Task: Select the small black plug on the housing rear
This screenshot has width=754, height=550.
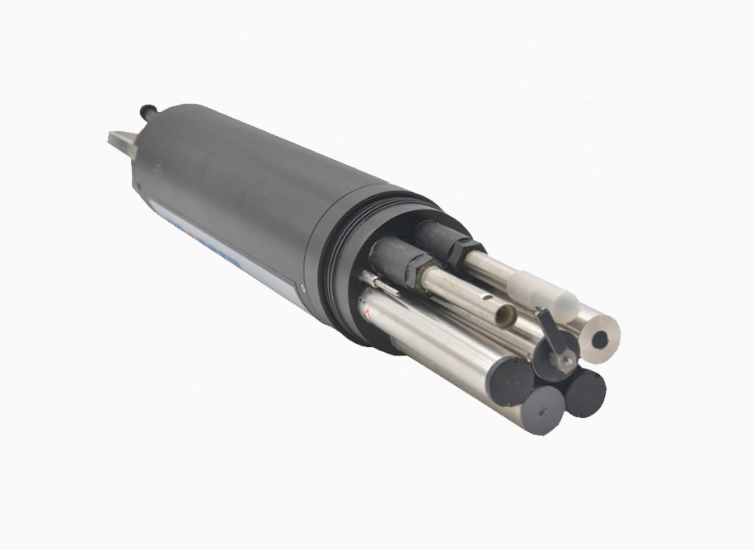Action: coord(149,109)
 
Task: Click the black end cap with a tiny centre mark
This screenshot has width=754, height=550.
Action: coord(539,408)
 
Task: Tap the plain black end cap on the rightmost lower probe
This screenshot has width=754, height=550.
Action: coord(586,392)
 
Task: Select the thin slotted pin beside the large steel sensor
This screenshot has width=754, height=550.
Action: coord(387,285)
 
